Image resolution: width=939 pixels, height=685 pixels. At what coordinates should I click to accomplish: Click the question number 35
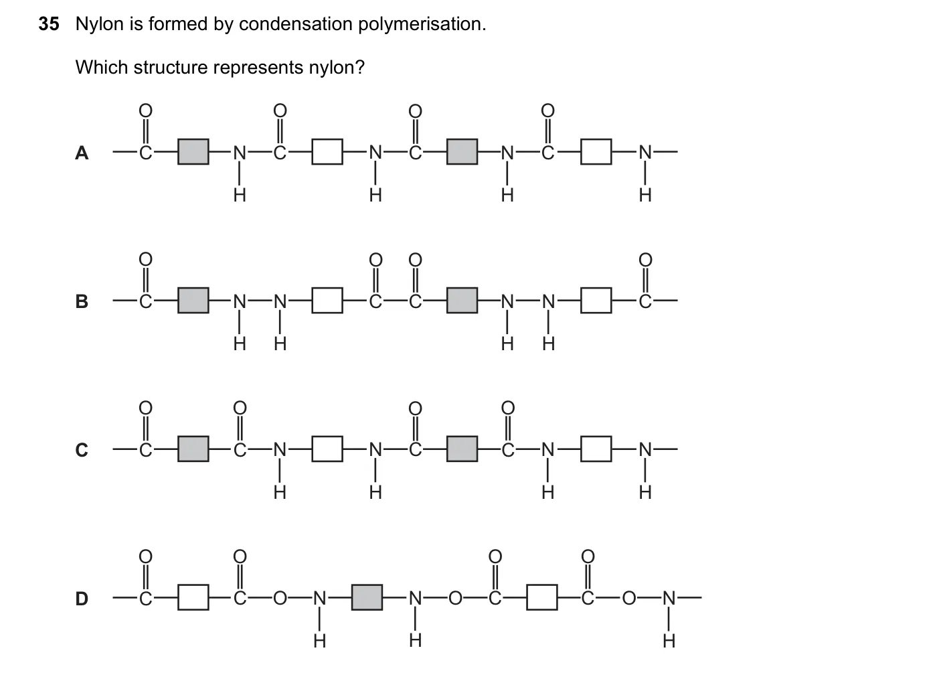point(49,24)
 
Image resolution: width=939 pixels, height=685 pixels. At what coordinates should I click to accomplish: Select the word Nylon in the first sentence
point(99,24)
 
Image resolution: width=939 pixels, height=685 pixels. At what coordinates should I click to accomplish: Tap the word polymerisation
point(422,24)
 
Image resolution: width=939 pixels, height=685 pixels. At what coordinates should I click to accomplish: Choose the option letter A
point(82,153)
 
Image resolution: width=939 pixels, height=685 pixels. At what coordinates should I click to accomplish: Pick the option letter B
point(82,301)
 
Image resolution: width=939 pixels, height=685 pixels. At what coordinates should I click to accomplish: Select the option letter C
point(82,450)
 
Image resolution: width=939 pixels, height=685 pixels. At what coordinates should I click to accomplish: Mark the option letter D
point(82,598)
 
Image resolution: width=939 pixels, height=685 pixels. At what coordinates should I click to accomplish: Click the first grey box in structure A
point(193,152)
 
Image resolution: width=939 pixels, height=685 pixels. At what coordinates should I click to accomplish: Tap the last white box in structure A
point(596,152)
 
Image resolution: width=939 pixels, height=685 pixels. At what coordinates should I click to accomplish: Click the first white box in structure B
point(327,301)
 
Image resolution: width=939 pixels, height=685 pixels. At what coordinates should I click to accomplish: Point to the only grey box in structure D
point(367,597)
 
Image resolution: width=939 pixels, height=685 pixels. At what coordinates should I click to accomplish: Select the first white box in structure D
point(193,597)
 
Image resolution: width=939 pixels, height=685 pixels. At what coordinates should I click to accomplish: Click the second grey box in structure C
point(462,449)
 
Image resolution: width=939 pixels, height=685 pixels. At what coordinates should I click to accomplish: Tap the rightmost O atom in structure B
point(646,260)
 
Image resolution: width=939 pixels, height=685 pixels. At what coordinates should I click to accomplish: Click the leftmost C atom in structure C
point(145,450)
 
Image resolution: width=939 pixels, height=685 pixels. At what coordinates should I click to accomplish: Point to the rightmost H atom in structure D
point(669,641)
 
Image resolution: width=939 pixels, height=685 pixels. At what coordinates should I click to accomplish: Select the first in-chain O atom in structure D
point(280,598)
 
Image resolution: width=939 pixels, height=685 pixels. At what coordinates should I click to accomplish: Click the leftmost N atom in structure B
point(240,301)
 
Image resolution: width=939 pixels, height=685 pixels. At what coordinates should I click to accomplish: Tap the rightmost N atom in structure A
point(646,153)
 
